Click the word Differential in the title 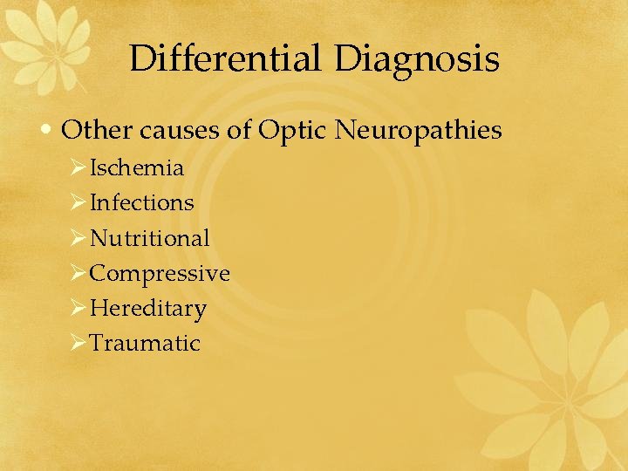coord(226,60)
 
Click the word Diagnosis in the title coord(416,60)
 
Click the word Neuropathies coord(419,131)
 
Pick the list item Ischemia coord(137,167)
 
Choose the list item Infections coord(142,202)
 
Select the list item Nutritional coord(150,237)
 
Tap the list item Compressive coord(160,273)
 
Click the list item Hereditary coord(148,308)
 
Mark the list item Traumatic coord(145,343)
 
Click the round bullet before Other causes coord(51,132)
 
